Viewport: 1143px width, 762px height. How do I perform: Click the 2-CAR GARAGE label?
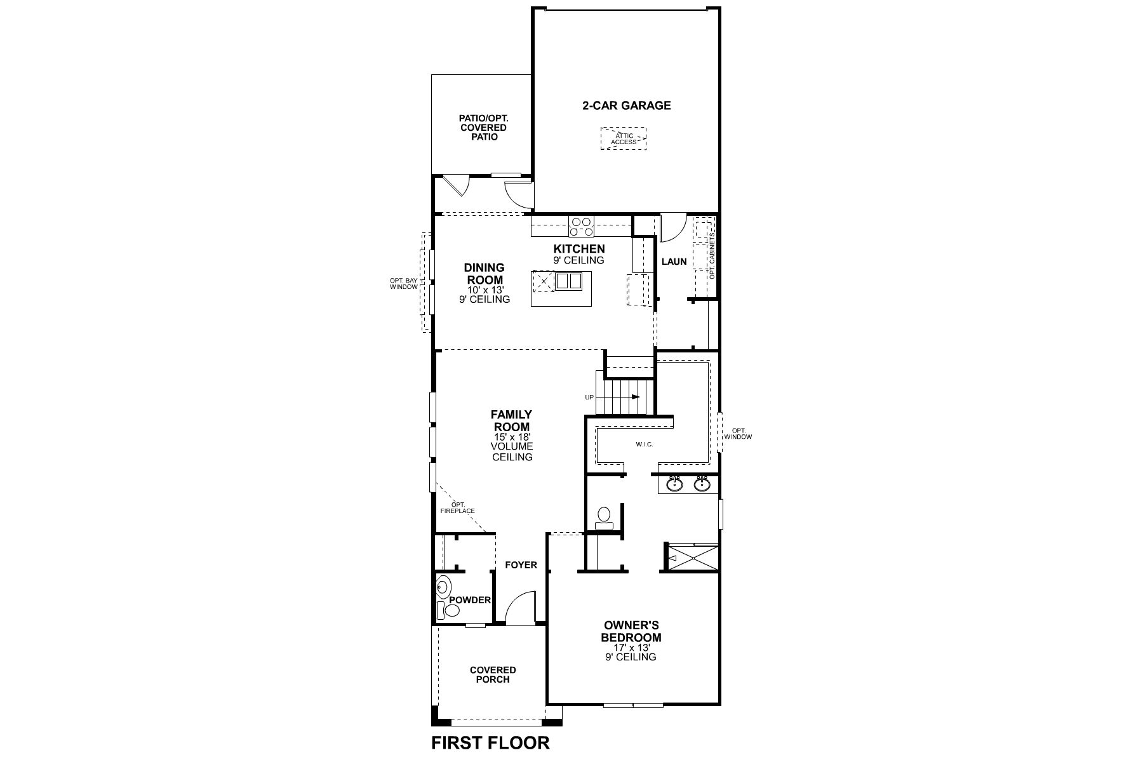pyautogui.click(x=626, y=105)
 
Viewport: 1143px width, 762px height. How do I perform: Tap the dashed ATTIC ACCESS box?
pyautogui.click(x=624, y=138)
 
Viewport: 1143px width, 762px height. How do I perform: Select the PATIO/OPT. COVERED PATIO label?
pyautogui.click(x=484, y=128)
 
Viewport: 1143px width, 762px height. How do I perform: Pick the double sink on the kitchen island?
pyautogui.click(x=569, y=281)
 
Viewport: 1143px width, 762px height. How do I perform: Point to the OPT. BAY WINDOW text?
pyautogui.click(x=404, y=283)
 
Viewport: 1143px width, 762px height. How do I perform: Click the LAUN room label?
pyautogui.click(x=674, y=261)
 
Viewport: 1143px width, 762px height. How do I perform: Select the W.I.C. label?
pyautogui.click(x=644, y=444)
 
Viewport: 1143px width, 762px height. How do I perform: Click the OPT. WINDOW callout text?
pyautogui.click(x=738, y=434)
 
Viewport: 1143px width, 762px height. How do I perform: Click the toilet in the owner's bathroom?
pyautogui.click(x=604, y=516)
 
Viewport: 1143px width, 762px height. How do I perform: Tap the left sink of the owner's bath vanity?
pyautogui.click(x=674, y=485)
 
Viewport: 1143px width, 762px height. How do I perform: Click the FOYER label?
pyautogui.click(x=521, y=565)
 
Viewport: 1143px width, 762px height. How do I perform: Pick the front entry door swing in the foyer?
pyautogui.click(x=522, y=607)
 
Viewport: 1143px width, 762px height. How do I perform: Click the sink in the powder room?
pyautogui.click(x=443, y=587)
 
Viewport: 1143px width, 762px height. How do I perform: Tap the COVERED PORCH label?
pyautogui.click(x=492, y=674)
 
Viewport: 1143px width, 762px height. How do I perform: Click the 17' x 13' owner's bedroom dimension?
pyautogui.click(x=631, y=648)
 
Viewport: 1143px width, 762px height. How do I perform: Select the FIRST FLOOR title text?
pyautogui.click(x=490, y=742)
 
